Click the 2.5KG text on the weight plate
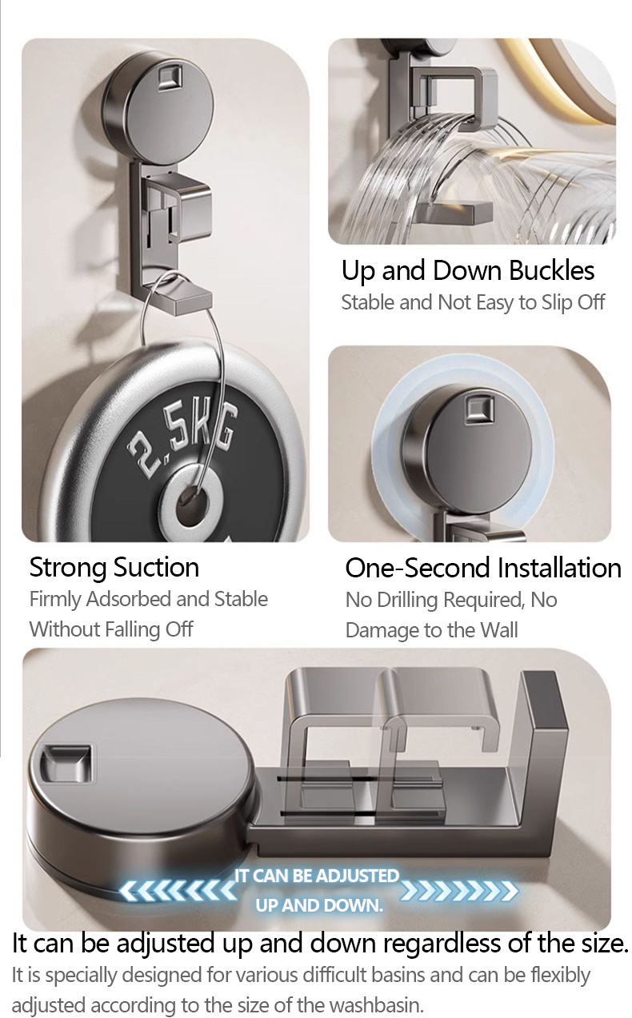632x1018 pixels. [x=182, y=438]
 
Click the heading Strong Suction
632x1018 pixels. [x=114, y=568]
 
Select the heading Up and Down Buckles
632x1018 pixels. [x=468, y=271]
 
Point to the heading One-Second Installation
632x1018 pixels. [x=483, y=568]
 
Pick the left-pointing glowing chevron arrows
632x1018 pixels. [x=177, y=891]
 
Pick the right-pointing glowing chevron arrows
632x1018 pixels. [x=459, y=891]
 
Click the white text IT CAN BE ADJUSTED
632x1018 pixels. [x=317, y=876]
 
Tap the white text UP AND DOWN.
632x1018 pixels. [x=318, y=906]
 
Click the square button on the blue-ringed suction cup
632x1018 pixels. [x=479, y=409]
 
